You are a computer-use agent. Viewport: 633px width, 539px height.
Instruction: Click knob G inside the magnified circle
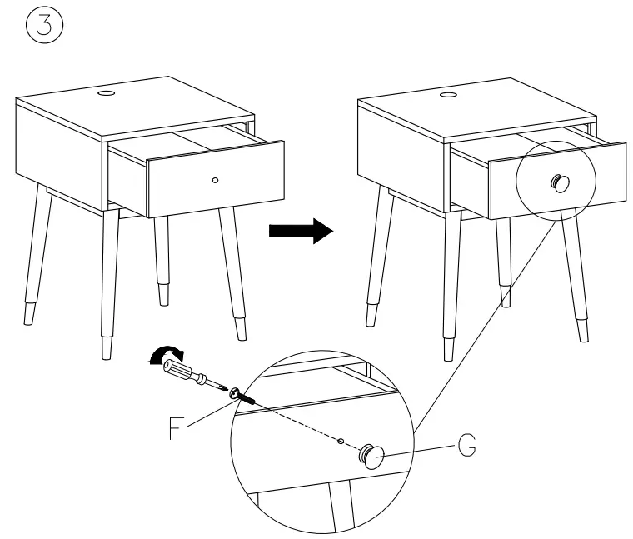point(371,455)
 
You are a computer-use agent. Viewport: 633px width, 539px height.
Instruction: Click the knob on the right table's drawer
point(557,182)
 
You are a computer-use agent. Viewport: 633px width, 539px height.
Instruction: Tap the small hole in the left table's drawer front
point(216,180)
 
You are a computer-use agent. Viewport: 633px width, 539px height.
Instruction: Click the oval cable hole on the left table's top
point(106,95)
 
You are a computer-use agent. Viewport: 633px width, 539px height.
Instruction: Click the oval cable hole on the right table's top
point(448,97)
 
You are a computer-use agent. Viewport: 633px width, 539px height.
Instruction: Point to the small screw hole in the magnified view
point(341,439)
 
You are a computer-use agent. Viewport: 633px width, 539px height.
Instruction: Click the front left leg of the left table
point(108,283)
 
